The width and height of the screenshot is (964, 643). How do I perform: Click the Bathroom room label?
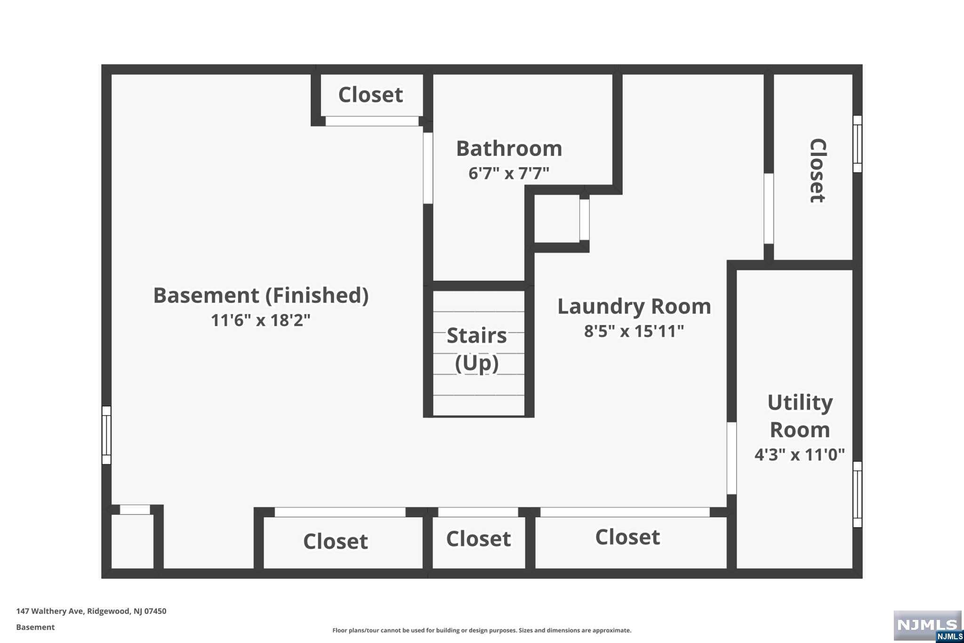(509, 149)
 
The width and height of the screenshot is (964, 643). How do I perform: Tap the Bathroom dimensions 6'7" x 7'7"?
(509, 173)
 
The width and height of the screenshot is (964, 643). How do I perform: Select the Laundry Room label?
(634, 307)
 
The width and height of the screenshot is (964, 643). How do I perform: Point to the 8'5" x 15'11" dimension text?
(634, 331)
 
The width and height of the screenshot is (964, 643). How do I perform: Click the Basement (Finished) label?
(261, 296)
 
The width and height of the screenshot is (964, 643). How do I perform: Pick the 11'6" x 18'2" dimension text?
(261, 320)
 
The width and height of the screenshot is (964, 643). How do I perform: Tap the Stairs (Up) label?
(477, 349)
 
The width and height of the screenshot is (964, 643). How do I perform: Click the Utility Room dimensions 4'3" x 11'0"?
(800, 455)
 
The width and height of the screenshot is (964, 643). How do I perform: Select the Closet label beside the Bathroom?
(371, 95)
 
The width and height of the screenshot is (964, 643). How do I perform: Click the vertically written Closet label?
(818, 171)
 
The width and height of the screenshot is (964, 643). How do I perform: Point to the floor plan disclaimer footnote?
(482, 630)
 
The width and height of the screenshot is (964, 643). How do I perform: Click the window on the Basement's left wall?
(107, 435)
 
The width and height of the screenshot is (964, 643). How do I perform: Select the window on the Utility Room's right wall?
(858, 494)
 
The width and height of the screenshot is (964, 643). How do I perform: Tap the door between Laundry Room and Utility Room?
(731, 458)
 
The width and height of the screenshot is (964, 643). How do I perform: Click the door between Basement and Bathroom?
(428, 168)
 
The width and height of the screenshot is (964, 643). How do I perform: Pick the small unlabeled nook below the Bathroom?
(557, 219)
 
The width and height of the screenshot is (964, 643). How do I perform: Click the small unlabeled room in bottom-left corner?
(132, 541)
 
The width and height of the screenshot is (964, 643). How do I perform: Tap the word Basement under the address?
(35, 627)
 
